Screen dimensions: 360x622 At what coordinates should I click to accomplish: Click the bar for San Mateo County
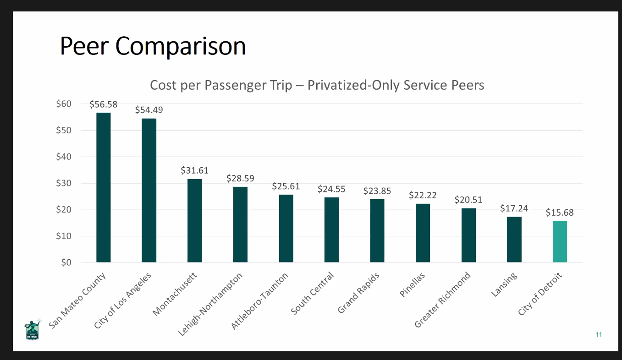click(x=103, y=187)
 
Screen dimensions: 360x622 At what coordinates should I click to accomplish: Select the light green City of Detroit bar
click(x=560, y=241)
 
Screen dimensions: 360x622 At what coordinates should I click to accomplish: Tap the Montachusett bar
click(x=194, y=220)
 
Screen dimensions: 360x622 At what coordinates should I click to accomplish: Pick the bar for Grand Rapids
click(x=377, y=230)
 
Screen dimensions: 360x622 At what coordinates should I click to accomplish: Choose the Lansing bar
click(x=514, y=239)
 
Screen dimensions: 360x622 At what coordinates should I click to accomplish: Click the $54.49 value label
click(x=149, y=110)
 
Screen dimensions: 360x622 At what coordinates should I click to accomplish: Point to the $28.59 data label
click(x=240, y=178)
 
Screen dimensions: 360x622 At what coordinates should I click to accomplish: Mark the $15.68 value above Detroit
click(x=560, y=213)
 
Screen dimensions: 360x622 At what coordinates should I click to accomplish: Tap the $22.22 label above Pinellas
click(x=423, y=195)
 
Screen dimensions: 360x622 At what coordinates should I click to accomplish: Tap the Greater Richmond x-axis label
click(x=442, y=300)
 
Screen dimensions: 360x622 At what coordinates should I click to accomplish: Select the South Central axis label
click(x=312, y=294)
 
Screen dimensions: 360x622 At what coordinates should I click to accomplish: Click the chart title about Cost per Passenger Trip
click(x=317, y=85)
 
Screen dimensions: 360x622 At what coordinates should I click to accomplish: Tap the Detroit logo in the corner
click(x=32, y=329)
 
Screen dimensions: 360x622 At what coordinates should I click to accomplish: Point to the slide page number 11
click(x=598, y=334)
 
